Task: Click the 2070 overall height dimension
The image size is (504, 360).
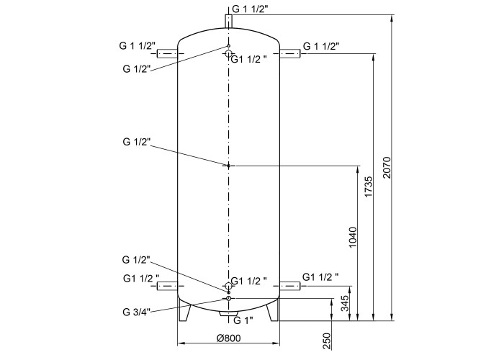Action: click(387, 168)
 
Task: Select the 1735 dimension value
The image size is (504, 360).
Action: click(369, 186)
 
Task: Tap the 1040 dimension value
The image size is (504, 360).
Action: click(353, 238)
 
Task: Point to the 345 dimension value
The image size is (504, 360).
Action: click(345, 303)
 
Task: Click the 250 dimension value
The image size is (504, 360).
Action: click(326, 341)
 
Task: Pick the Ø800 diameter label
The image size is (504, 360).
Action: click(228, 338)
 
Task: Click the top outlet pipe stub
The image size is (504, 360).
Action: click(228, 21)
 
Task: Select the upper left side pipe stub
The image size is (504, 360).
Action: click(167, 54)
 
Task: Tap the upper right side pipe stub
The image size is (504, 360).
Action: click(290, 54)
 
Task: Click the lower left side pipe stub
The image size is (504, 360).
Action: click(167, 286)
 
